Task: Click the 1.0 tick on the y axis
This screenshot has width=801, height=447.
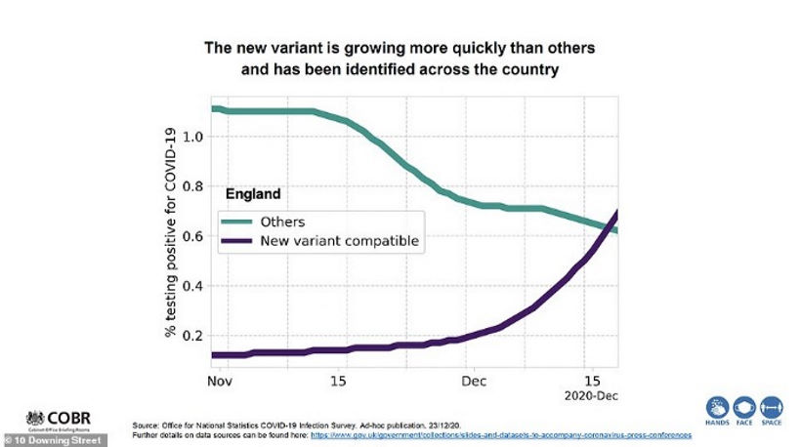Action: [x=191, y=137]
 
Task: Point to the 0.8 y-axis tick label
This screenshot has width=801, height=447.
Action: [x=191, y=186]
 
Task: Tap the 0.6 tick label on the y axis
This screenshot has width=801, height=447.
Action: [x=191, y=236]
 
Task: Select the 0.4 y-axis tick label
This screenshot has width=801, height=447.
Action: [x=191, y=286]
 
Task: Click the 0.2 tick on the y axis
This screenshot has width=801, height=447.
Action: [x=191, y=336]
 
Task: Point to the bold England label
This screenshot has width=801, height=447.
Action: [x=253, y=194]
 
